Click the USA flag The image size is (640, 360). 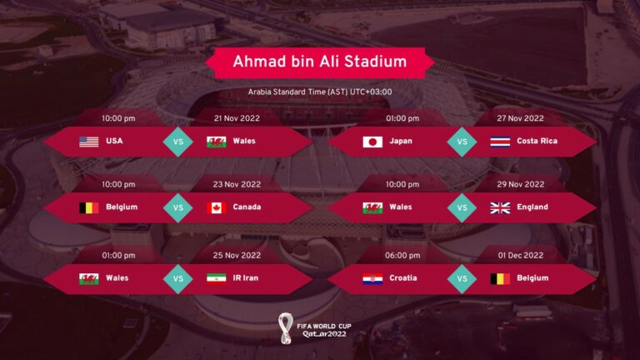89,141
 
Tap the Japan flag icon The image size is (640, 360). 372,141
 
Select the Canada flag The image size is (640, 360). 217,207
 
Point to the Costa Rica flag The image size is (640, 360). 500,141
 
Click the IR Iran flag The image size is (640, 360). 217,278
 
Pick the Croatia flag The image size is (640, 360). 372,278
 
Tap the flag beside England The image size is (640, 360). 500,207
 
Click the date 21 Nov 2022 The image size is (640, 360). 237,118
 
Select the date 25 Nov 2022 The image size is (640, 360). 237,255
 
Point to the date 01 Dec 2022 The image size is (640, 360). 521,255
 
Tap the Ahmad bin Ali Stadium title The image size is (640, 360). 320,62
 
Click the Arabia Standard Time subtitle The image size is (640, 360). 320,92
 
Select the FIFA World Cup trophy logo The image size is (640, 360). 286,326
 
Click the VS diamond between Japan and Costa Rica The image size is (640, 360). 460,141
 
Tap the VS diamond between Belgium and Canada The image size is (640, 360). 177,207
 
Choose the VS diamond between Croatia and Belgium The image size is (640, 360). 460,278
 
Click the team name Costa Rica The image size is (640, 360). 537,141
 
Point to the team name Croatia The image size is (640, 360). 403,278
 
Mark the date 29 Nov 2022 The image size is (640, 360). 521,184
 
